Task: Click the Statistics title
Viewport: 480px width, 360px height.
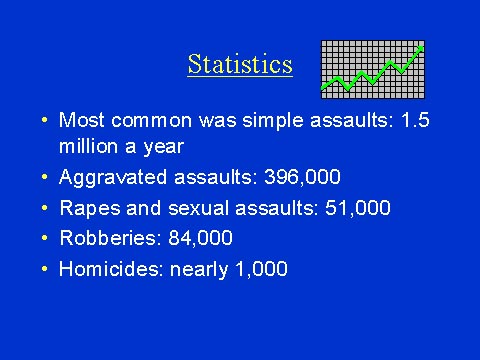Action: coord(240,65)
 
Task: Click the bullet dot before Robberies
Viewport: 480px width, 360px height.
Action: coord(45,238)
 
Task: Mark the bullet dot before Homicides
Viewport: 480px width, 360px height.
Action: coord(45,268)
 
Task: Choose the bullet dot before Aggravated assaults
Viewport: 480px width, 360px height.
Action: coord(45,178)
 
